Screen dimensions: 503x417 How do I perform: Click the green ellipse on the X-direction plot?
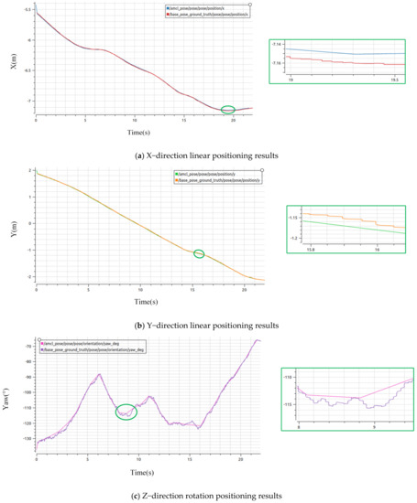(x=228, y=110)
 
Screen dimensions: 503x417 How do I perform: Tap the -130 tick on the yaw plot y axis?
(x=27, y=442)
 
